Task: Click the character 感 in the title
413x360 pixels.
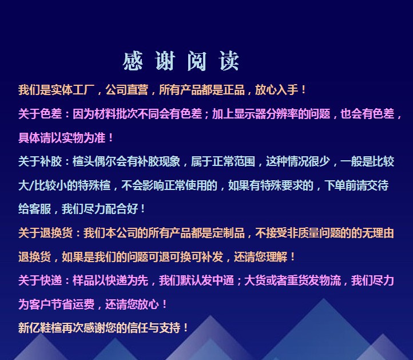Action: click(133, 61)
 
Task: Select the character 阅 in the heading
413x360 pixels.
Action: click(197, 61)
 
